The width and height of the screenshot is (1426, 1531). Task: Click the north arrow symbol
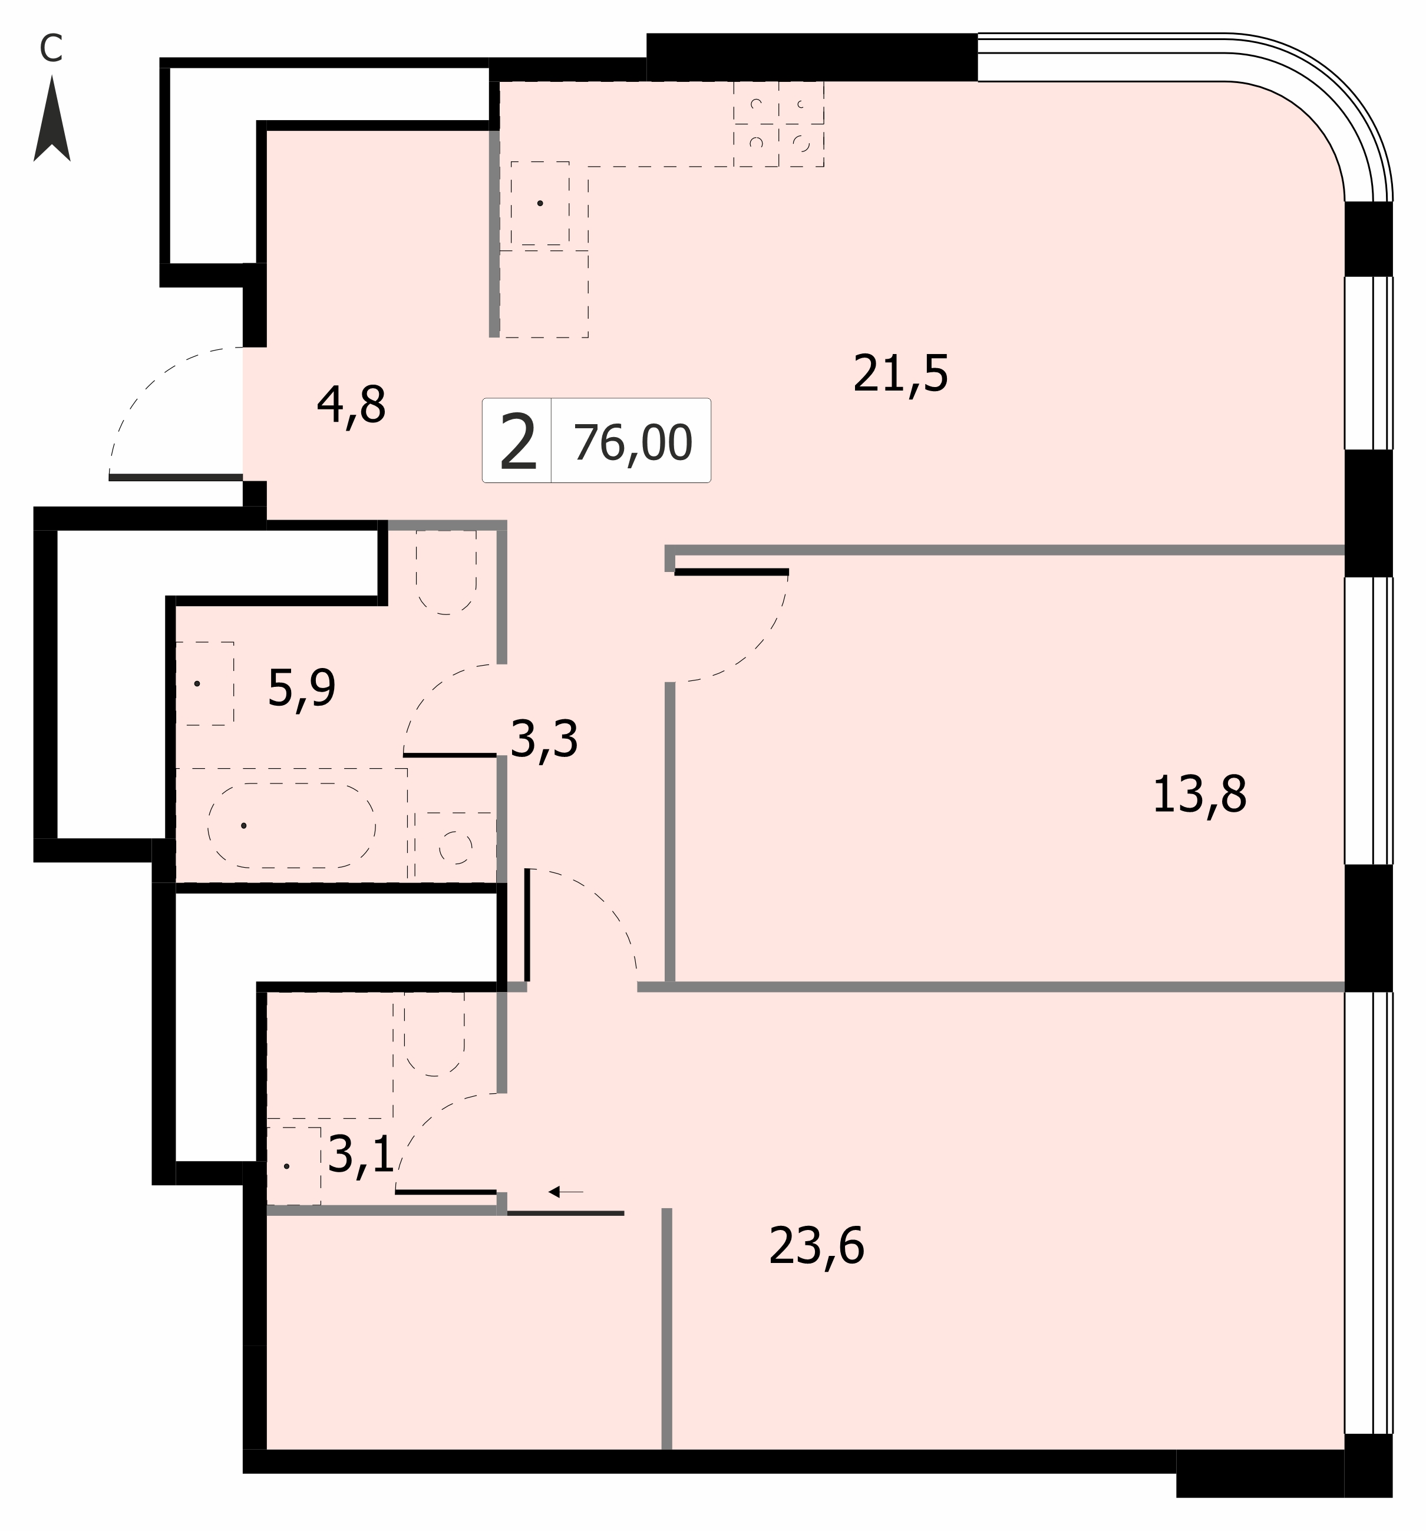tap(52, 120)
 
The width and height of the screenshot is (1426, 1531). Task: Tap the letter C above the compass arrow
tap(51, 48)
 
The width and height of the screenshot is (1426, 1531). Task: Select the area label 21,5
tap(900, 374)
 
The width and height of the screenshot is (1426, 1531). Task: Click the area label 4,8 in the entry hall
tap(351, 406)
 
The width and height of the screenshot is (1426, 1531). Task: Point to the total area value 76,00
tap(632, 443)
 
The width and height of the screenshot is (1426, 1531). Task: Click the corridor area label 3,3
tap(544, 739)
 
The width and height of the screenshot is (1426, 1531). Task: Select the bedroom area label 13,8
tap(1200, 795)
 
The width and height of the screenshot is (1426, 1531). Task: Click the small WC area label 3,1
tap(361, 1155)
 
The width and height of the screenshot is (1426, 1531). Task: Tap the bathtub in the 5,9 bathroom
tap(291, 825)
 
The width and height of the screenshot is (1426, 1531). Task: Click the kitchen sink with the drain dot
tap(540, 203)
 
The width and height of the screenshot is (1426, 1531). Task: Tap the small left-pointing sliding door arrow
tap(566, 1192)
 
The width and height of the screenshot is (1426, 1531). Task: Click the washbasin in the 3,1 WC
tap(293, 1166)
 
